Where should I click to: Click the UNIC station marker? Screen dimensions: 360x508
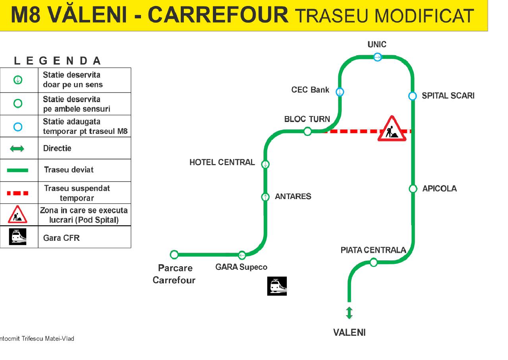(x=377, y=57)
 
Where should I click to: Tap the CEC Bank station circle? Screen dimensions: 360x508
(x=340, y=92)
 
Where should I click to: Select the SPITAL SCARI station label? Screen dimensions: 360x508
(x=448, y=96)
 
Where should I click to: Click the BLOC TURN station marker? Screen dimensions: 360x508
(x=307, y=131)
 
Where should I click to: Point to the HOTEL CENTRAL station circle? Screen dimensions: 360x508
(x=265, y=164)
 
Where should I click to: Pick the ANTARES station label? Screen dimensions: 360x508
(x=293, y=197)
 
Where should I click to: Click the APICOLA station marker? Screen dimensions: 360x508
(x=413, y=189)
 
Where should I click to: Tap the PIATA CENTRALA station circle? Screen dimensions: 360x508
(x=373, y=262)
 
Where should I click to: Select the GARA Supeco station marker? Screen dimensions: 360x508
(x=242, y=255)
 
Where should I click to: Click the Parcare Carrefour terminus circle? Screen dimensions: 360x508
(x=174, y=255)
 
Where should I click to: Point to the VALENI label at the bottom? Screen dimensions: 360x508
(x=350, y=333)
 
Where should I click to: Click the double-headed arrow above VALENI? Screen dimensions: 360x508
(x=349, y=313)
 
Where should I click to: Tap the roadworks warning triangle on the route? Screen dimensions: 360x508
(x=392, y=129)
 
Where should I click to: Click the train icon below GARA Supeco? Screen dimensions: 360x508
(x=277, y=286)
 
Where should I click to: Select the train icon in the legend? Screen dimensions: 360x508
(x=17, y=237)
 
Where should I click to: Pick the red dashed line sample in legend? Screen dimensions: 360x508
(x=17, y=193)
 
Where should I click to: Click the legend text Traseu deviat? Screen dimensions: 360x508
(x=69, y=170)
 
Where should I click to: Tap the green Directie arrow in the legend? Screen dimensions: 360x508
(x=17, y=149)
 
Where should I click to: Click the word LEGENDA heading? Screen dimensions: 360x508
(x=58, y=61)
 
